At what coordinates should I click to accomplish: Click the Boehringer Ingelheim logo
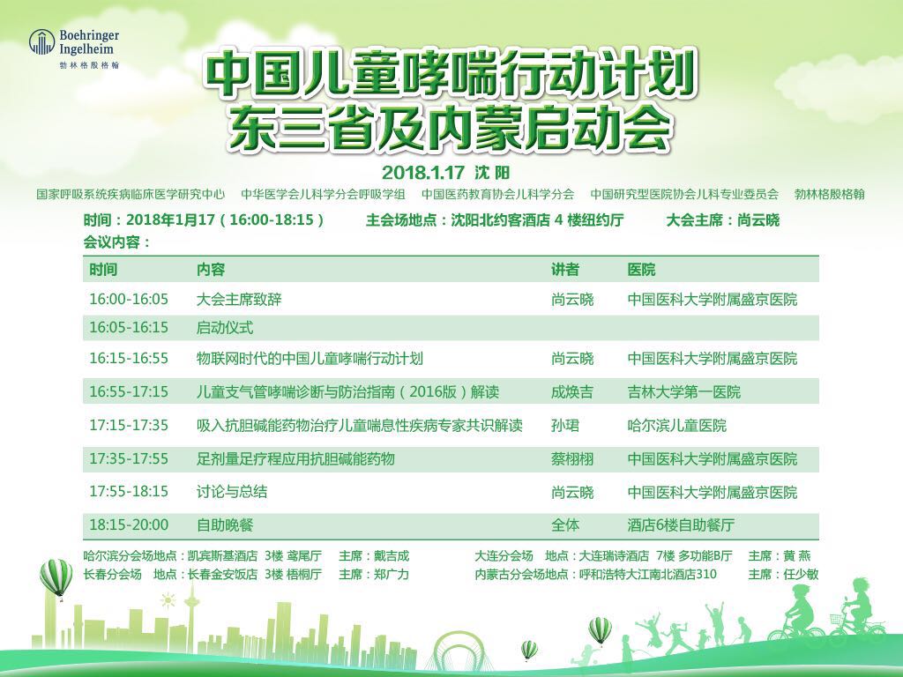click(x=74, y=49)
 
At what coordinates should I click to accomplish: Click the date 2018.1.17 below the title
click(x=422, y=172)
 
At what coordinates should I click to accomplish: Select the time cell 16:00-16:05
click(x=129, y=300)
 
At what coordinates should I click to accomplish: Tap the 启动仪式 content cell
click(x=225, y=328)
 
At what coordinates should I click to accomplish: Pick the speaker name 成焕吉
click(x=571, y=392)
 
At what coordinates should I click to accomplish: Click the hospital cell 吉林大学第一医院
click(x=683, y=392)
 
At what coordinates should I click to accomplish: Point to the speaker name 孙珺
click(x=565, y=426)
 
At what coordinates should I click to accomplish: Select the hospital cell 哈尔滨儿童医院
click(x=676, y=426)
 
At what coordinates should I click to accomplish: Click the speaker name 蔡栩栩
click(x=571, y=458)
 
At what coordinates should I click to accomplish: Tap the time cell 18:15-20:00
click(x=129, y=525)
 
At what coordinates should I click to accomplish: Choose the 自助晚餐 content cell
click(x=225, y=525)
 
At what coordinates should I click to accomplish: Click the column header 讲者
click(x=565, y=270)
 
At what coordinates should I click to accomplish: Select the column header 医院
click(x=641, y=270)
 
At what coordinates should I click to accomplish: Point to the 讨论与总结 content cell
click(x=232, y=492)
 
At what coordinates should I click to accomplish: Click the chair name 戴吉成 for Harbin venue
click(x=391, y=556)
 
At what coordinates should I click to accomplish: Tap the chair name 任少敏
click(x=801, y=574)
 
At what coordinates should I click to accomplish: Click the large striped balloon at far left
click(x=56, y=578)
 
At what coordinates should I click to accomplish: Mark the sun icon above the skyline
click(x=168, y=601)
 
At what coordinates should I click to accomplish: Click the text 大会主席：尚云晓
click(x=723, y=219)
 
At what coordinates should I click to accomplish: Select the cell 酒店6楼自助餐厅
click(x=680, y=525)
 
